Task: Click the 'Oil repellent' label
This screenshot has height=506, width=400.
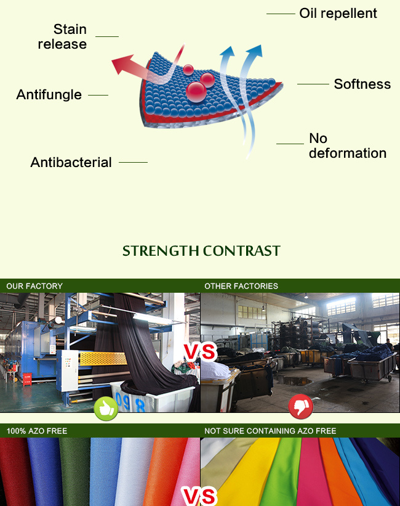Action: click(338, 14)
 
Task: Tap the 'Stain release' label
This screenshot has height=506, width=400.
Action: click(62, 36)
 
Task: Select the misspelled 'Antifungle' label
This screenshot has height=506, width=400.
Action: click(49, 94)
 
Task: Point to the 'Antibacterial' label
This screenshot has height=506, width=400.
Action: click(71, 162)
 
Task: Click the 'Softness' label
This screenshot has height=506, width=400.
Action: click(362, 84)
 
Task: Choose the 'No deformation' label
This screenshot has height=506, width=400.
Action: click(348, 145)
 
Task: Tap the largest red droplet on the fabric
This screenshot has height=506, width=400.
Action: click(196, 92)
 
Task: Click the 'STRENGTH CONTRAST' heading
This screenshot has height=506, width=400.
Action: click(201, 251)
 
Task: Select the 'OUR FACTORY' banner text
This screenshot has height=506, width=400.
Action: click(34, 286)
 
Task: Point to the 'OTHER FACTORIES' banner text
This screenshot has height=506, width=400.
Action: click(241, 286)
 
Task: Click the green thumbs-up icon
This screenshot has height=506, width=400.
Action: click(106, 409)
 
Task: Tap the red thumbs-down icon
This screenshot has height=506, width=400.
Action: click(301, 406)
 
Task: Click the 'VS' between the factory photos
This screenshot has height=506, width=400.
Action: click(200, 351)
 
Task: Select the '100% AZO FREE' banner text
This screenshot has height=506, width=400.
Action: click(37, 431)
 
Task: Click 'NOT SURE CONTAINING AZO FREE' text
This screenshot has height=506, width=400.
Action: click(270, 431)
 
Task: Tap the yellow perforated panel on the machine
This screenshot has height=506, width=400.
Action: click(103, 359)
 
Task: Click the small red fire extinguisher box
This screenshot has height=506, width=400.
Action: click(27, 379)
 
